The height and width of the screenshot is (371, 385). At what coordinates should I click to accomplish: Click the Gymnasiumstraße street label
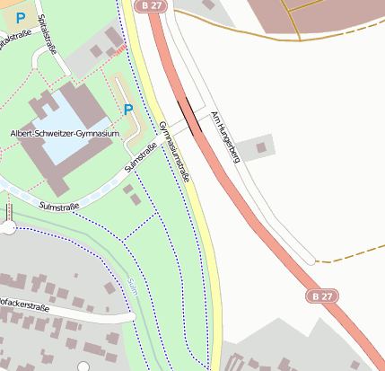174,152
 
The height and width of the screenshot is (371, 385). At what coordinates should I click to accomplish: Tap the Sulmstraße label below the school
59,206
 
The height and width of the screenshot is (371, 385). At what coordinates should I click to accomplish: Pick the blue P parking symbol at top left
21,17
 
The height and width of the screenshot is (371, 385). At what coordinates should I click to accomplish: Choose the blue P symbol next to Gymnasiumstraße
128,110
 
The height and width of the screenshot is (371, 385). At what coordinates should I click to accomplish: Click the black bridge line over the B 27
190,116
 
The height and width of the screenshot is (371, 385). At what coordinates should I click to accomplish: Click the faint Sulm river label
133,287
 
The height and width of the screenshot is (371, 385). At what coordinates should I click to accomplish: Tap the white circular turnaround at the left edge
8,228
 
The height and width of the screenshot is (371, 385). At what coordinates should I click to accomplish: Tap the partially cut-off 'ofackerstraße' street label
24,305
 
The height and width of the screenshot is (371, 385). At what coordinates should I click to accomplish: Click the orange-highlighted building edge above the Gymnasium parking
119,52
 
